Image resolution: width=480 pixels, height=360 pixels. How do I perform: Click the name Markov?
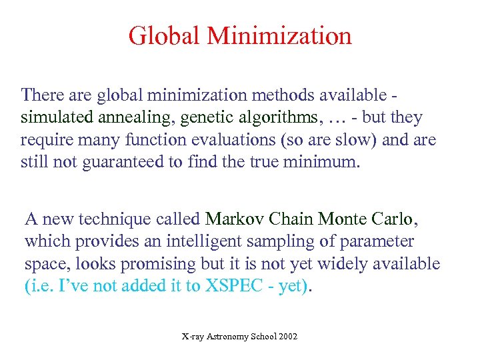click(233, 219)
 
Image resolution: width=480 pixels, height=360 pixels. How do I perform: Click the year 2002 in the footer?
click(287, 337)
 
